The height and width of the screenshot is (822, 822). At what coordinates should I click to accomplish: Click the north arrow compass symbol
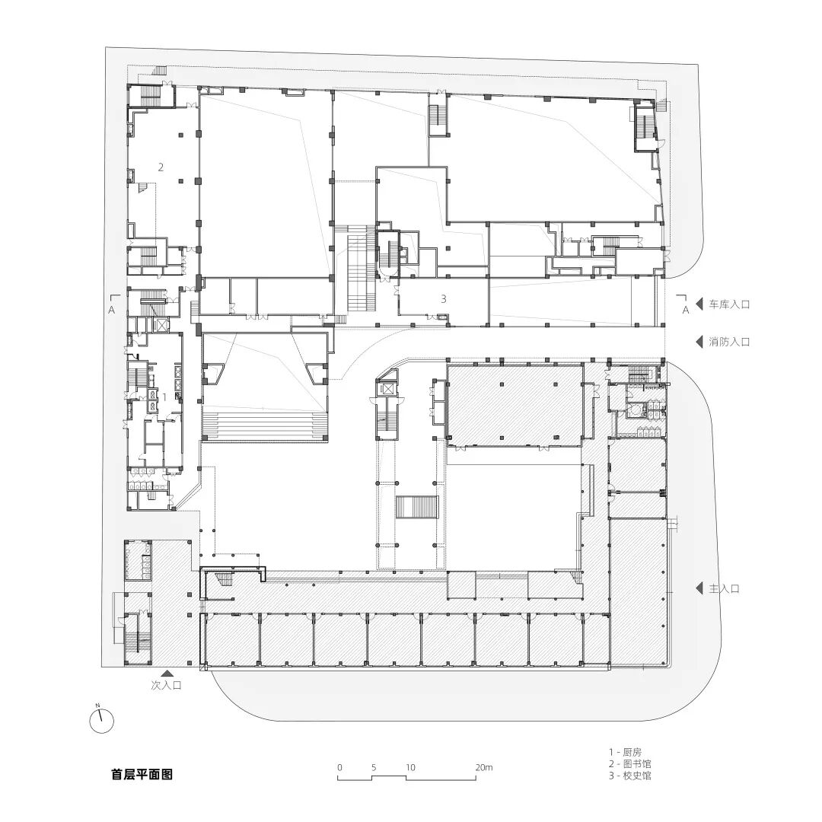[x=100, y=720]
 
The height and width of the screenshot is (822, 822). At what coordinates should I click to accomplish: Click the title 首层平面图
[x=142, y=775]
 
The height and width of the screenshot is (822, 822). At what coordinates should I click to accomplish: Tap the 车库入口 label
[x=730, y=304]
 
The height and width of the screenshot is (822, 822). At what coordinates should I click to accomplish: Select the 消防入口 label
[x=730, y=342]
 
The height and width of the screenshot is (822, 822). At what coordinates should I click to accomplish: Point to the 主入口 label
[x=725, y=588]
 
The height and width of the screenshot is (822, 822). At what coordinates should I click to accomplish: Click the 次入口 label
[x=166, y=685]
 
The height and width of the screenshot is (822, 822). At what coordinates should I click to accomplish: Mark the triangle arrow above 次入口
[x=166, y=673]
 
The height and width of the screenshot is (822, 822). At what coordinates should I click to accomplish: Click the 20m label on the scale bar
[x=483, y=767]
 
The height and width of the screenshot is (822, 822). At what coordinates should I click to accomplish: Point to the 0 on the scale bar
[x=339, y=767]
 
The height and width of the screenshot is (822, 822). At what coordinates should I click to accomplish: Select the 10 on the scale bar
[x=410, y=767]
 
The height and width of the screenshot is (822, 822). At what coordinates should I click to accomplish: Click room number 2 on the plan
[x=161, y=167]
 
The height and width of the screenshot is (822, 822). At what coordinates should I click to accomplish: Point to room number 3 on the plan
[x=443, y=299]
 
